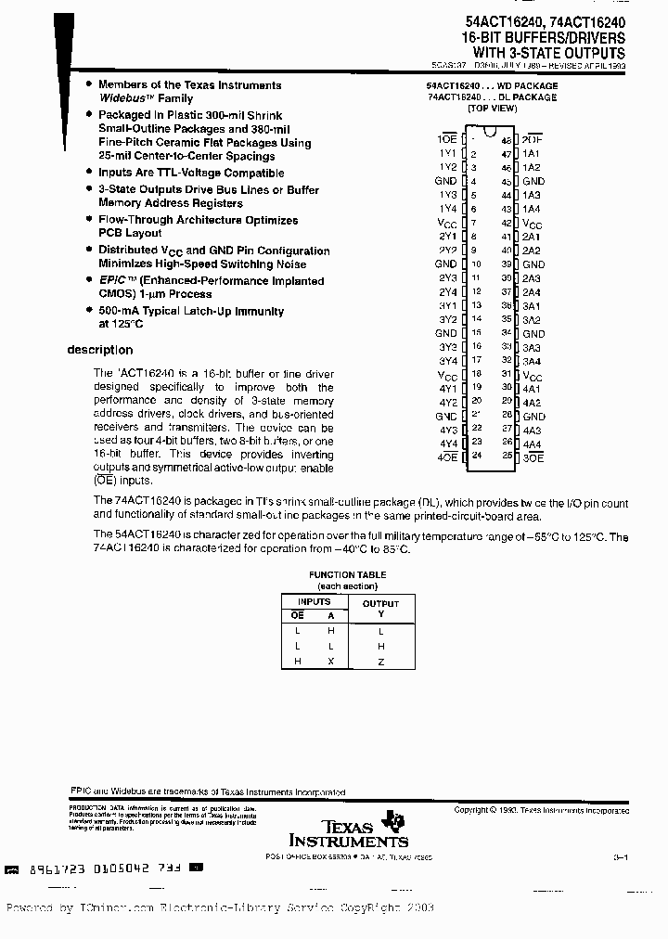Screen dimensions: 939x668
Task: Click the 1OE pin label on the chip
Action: (445, 139)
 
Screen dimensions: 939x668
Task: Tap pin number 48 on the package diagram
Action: (507, 139)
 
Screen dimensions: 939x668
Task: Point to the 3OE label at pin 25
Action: (533, 457)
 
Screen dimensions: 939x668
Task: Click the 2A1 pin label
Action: (531, 237)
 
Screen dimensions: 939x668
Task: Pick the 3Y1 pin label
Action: (447, 305)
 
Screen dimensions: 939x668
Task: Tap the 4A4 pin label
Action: (531, 444)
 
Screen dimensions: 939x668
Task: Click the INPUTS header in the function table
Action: (313, 601)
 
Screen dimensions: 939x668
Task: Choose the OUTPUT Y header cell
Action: (380, 608)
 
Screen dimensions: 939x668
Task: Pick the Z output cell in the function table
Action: (380, 661)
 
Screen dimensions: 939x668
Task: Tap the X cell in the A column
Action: (330, 661)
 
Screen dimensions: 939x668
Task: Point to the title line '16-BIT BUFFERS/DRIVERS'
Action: (543, 37)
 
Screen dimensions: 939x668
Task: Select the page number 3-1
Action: (620, 858)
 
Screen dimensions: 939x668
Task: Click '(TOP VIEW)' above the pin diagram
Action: (492, 108)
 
